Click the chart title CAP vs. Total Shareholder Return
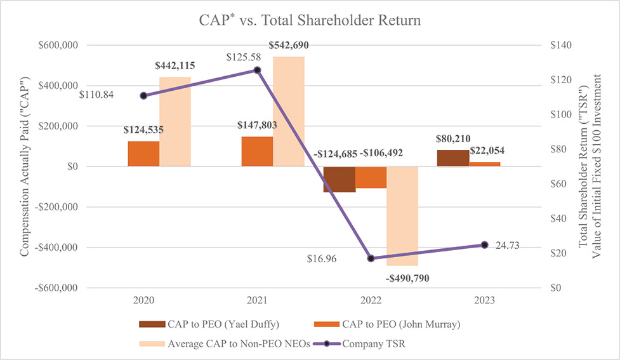[x=309, y=20]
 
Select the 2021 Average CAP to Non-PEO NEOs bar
[x=289, y=111]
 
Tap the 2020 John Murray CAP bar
[x=143, y=154]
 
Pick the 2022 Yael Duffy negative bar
[x=339, y=179]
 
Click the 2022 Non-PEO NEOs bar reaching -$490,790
[x=402, y=216]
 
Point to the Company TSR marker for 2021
[x=257, y=70]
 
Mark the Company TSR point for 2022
[x=371, y=258]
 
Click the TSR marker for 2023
[x=485, y=244]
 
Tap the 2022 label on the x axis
[x=371, y=299]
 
